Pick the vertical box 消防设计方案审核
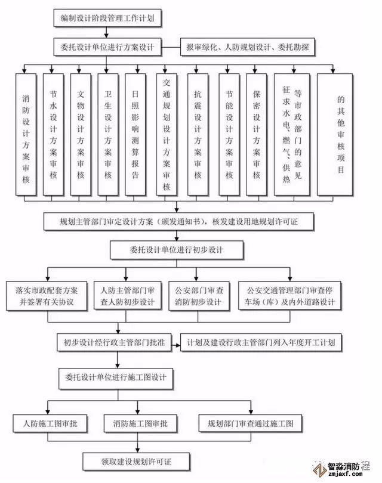tap(26, 134)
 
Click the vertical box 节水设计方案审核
tap(53, 134)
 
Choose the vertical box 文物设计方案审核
tap(81, 134)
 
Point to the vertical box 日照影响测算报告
tap(135, 134)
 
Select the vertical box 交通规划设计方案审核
tap(167, 134)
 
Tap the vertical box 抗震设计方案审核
tap(198, 134)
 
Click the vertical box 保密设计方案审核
tap(256, 134)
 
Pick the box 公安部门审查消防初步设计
tap(198, 296)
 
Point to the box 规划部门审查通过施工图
tap(250, 424)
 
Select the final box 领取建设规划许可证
tap(137, 460)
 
